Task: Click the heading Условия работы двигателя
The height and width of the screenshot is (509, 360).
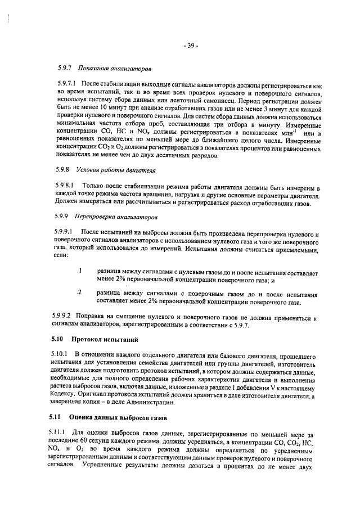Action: pos(116,169)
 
